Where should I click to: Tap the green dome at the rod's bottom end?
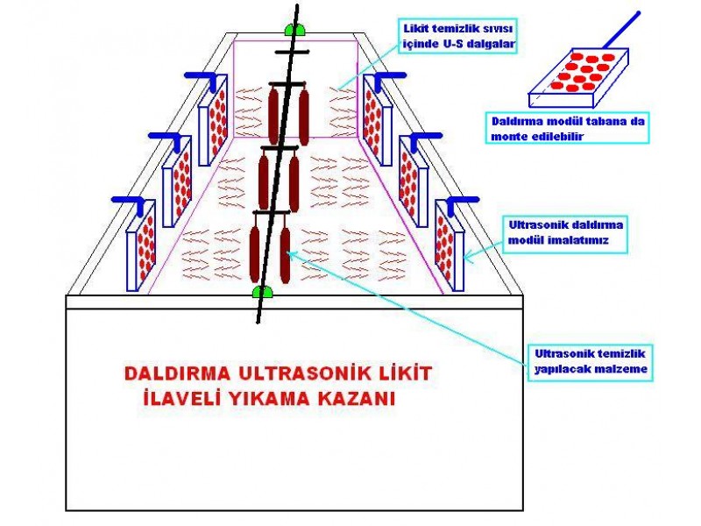point(262,292)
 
